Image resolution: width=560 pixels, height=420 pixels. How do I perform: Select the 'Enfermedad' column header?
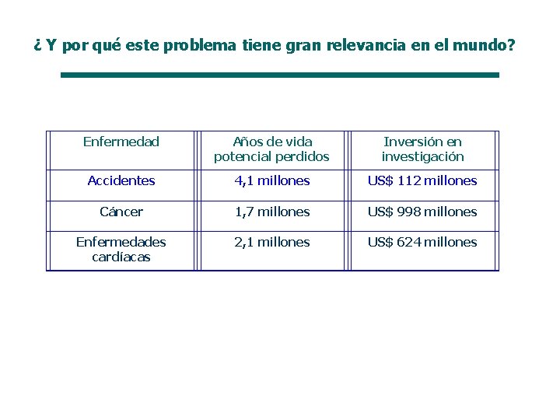coord(121,142)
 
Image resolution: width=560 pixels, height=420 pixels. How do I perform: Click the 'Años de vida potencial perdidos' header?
coord(271,149)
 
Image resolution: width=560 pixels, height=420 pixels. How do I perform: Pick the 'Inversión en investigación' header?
coord(422,149)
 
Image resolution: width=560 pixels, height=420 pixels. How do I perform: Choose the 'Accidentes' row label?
coord(121,180)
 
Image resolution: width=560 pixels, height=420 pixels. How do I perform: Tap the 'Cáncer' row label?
coord(121,212)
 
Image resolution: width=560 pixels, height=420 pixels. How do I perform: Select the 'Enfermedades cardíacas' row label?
coord(121,249)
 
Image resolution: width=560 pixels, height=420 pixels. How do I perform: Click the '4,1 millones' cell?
coord(271,180)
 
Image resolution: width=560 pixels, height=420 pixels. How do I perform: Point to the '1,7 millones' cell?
coord(271,212)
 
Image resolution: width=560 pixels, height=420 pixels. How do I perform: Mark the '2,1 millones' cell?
coord(271,242)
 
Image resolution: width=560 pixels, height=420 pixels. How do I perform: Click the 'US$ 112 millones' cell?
coord(422,180)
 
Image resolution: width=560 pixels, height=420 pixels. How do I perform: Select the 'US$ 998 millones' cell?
coord(422,212)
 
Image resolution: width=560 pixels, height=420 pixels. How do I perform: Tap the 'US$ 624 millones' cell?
coord(422,242)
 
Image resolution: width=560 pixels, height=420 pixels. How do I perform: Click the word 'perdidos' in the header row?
coord(305,156)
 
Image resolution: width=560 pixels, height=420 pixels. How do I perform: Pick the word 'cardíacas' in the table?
coord(121,257)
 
